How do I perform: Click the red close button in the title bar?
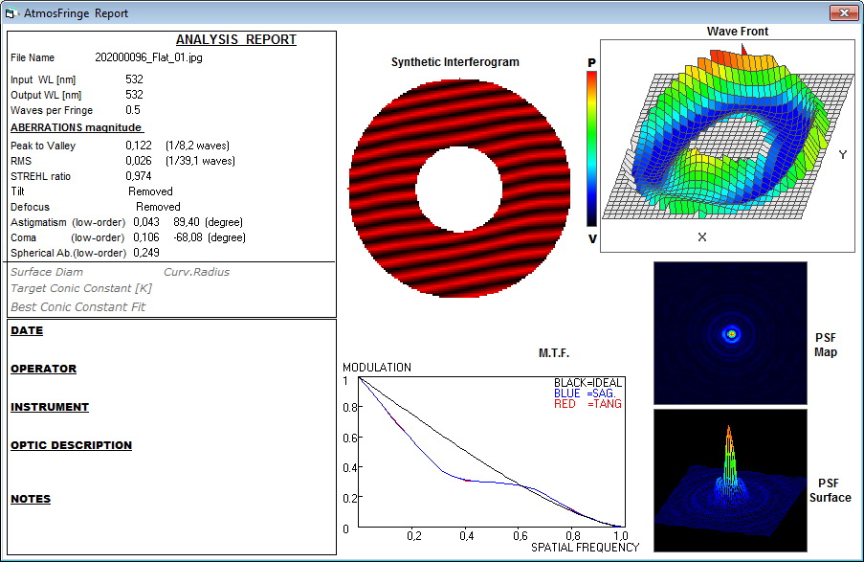(x=844, y=12)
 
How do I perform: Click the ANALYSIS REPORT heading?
(x=235, y=39)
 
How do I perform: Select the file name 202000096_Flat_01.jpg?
(x=148, y=57)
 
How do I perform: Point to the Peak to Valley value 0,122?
(x=139, y=146)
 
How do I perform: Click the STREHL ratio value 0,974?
(x=139, y=176)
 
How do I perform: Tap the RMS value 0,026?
(x=139, y=161)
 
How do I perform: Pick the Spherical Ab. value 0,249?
(x=146, y=253)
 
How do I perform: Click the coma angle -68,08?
(x=188, y=237)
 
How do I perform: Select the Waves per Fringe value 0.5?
(x=133, y=110)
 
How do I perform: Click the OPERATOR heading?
(x=43, y=369)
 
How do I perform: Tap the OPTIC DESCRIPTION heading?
(x=71, y=445)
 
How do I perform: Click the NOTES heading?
(x=31, y=499)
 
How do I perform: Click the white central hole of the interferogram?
(x=458, y=189)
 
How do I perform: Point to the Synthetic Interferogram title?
(x=455, y=62)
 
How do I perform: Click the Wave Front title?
(x=738, y=32)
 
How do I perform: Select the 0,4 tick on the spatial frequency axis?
(x=467, y=535)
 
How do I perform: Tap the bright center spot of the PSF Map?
(x=732, y=334)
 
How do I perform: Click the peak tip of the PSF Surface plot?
(x=729, y=426)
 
